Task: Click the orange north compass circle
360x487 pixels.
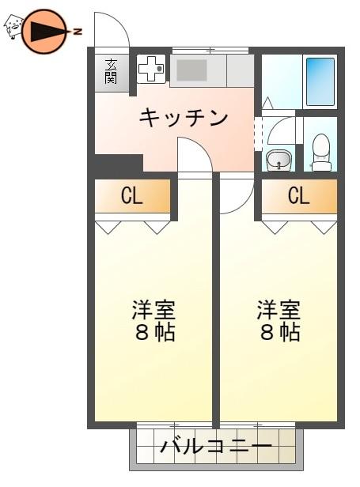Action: [44, 31]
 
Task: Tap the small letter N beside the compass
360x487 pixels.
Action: [78, 31]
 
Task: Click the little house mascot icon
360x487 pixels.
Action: [13, 26]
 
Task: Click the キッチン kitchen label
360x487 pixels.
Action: [183, 117]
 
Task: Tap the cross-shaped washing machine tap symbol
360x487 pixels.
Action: [151, 69]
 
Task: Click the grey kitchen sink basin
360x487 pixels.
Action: [191, 70]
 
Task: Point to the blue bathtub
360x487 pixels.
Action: [320, 81]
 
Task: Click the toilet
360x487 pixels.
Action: [320, 153]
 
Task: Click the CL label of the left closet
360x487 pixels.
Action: [132, 196]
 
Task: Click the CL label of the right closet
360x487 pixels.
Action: [299, 195]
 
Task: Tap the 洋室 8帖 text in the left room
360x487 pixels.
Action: [154, 321]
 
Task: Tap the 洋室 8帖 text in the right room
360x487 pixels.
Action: [279, 321]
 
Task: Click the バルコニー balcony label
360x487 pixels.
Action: [216, 447]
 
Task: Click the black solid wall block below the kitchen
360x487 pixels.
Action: [119, 163]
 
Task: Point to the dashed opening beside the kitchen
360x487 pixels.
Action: [258, 133]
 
